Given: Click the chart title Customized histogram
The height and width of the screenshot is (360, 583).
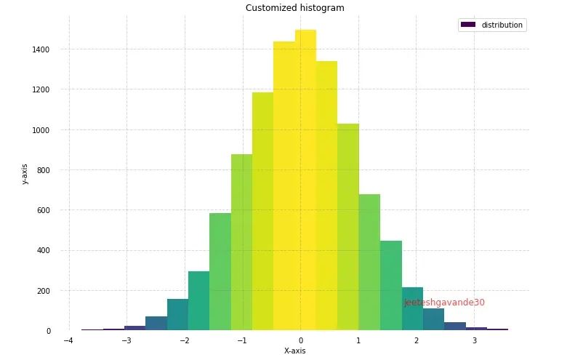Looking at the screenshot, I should [x=294, y=8].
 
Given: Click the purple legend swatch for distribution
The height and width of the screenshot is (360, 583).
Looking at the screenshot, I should [x=468, y=25].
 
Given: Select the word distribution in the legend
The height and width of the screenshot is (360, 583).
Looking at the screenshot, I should [x=502, y=25].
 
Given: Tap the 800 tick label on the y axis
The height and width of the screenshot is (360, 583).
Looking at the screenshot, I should [x=44, y=170].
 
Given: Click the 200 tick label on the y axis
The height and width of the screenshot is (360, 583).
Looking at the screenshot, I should [x=44, y=291].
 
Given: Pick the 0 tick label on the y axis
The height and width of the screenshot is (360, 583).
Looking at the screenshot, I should [x=49, y=331].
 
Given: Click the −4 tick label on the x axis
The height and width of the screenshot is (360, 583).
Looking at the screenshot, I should [x=68, y=340].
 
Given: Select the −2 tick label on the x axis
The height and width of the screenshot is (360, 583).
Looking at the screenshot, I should [x=184, y=340].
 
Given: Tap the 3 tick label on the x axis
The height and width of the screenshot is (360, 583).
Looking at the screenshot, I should [x=475, y=340].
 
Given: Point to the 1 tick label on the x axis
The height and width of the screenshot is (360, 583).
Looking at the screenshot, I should [x=358, y=340].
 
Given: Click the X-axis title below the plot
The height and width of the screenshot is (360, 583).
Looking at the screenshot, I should [x=294, y=351].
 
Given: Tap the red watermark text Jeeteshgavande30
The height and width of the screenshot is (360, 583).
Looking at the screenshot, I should [x=444, y=303].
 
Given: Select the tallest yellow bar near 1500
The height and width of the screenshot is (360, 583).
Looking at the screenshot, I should [x=305, y=182].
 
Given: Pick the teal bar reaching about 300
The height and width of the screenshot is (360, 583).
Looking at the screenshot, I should [x=198, y=302].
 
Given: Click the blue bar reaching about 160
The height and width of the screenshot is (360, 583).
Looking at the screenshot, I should [x=177, y=316].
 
